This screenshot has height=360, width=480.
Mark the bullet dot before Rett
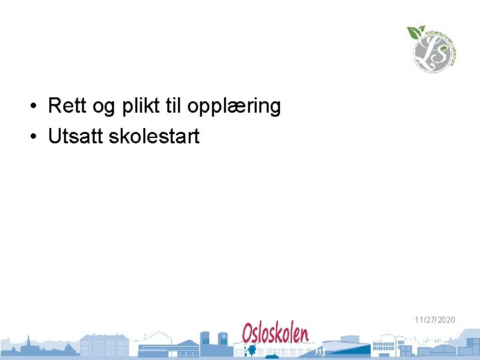pos(33,106)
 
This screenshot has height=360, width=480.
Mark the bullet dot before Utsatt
pos(33,137)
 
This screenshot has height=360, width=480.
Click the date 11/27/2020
pos(435,320)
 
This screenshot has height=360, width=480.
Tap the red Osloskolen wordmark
pos(275,333)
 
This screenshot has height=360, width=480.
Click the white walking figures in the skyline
pos(319,351)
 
